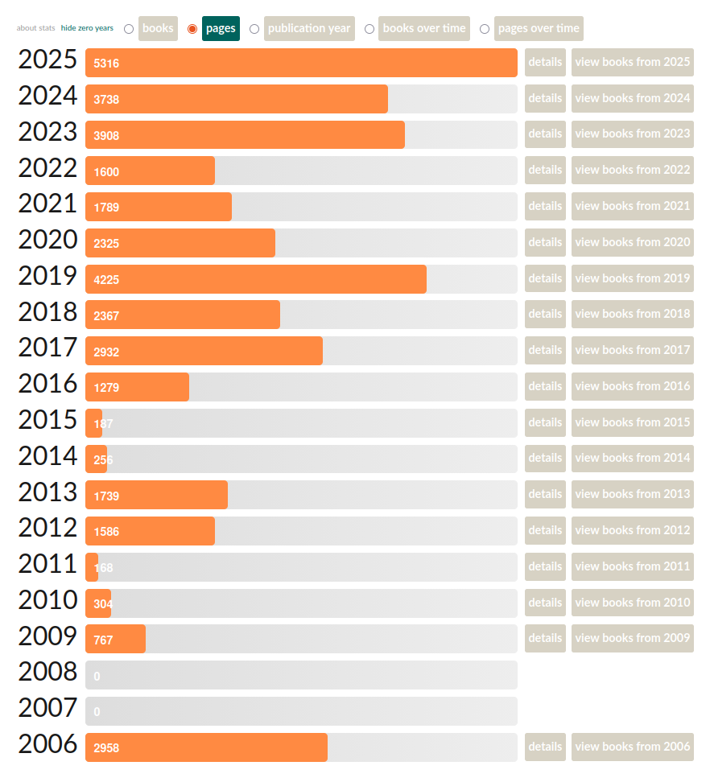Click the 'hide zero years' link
(87, 28)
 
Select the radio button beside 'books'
(129, 29)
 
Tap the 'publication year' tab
(309, 28)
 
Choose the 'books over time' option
(423, 28)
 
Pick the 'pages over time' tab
(538, 28)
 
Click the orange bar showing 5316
(301, 63)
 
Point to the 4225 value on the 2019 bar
(106, 279)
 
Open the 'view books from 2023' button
(632, 134)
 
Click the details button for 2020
(545, 242)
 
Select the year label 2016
(48, 385)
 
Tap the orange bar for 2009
(116, 639)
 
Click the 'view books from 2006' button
(632, 747)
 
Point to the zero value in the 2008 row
(97, 677)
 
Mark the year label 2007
(48, 709)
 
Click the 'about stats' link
(36, 28)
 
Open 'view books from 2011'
(632, 566)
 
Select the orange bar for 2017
(204, 351)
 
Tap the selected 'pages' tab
(221, 28)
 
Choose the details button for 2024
(545, 98)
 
